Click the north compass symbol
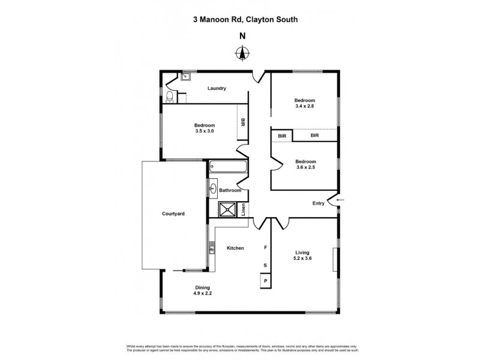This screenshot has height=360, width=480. (x=242, y=54)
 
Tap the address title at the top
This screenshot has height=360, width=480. (x=242, y=19)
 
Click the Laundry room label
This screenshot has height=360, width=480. (x=217, y=88)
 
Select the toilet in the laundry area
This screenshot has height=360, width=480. (x=170, y=96)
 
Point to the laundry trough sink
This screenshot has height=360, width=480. (x=185, y=77)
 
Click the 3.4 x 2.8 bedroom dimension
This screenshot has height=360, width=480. (x=304, y=106)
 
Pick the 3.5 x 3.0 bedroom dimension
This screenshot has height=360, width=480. (x=204, y=131)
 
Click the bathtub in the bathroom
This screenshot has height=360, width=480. (x=228, y=167)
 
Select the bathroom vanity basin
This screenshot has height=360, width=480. (x=214, y=190)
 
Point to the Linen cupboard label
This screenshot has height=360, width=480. (x=244, y=210)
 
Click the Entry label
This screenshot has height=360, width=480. (x=318, y=203)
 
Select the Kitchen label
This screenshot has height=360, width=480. (x=235, y=248)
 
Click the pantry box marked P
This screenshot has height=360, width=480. (x=265, y=281)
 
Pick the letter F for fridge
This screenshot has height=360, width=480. (x=265, y=247)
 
